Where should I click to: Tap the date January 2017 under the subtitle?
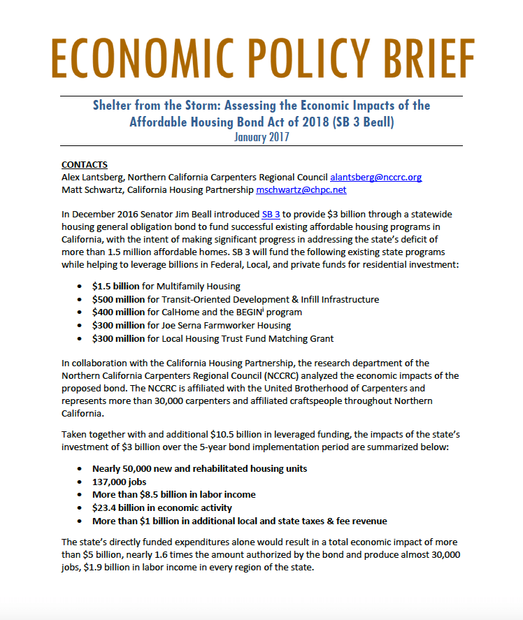point(261,137)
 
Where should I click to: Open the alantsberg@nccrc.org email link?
point(375,177)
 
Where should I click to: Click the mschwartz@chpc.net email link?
point(301,189)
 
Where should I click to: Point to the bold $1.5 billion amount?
point(115,286)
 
